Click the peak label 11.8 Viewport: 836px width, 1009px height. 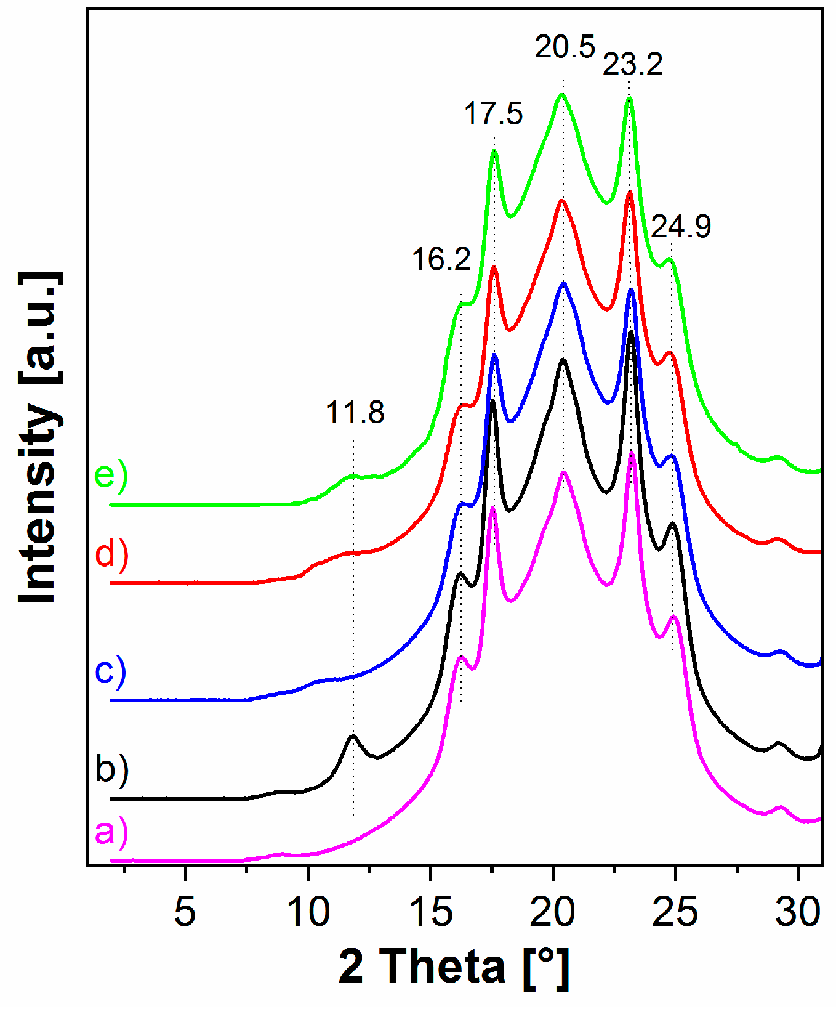[355, 413]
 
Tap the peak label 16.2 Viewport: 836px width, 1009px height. [441, 259]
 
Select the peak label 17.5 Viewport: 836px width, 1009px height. [493, 114]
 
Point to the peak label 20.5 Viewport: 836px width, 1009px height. [565, 47]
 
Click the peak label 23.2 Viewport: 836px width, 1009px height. [632, 64]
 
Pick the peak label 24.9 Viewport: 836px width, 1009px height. [681, 227]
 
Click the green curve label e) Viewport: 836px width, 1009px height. [111, 476]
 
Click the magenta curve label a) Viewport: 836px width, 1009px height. [111, 832]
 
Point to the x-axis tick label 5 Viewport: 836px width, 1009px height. [185, 912]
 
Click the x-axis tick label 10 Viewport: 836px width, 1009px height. [308, 912]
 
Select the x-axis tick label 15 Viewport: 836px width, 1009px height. [430, 912]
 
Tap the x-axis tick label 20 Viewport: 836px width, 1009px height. [553, 912]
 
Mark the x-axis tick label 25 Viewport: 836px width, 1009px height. [675, 912]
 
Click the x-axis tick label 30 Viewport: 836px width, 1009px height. [798, 912]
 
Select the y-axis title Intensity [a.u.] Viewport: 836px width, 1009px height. [39, 437]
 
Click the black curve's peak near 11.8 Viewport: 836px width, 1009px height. [353, 737]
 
